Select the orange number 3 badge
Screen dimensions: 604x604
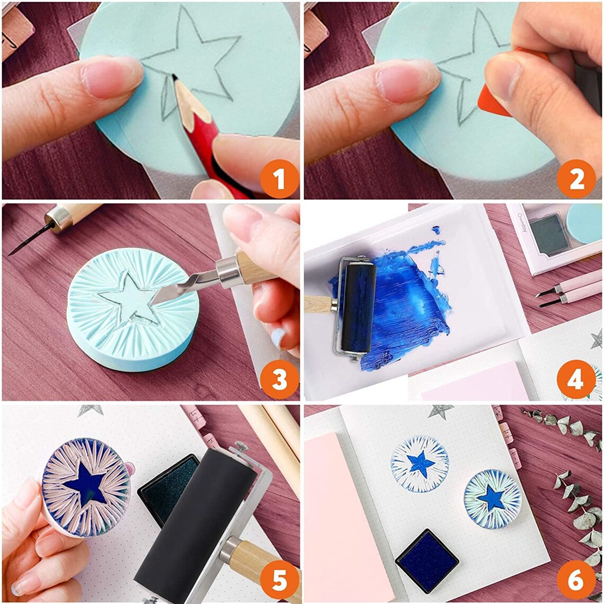pyautogui.click(x=279, y=379)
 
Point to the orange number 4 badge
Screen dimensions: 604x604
pyautogui.click(x=576, y=379)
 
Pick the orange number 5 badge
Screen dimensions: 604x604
pyautogui.click(x=279, y=581)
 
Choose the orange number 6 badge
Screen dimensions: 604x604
pyautogui.click(x=576, y=581)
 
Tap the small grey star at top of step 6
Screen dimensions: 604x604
pyautogui.click(x=441, y=411)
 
